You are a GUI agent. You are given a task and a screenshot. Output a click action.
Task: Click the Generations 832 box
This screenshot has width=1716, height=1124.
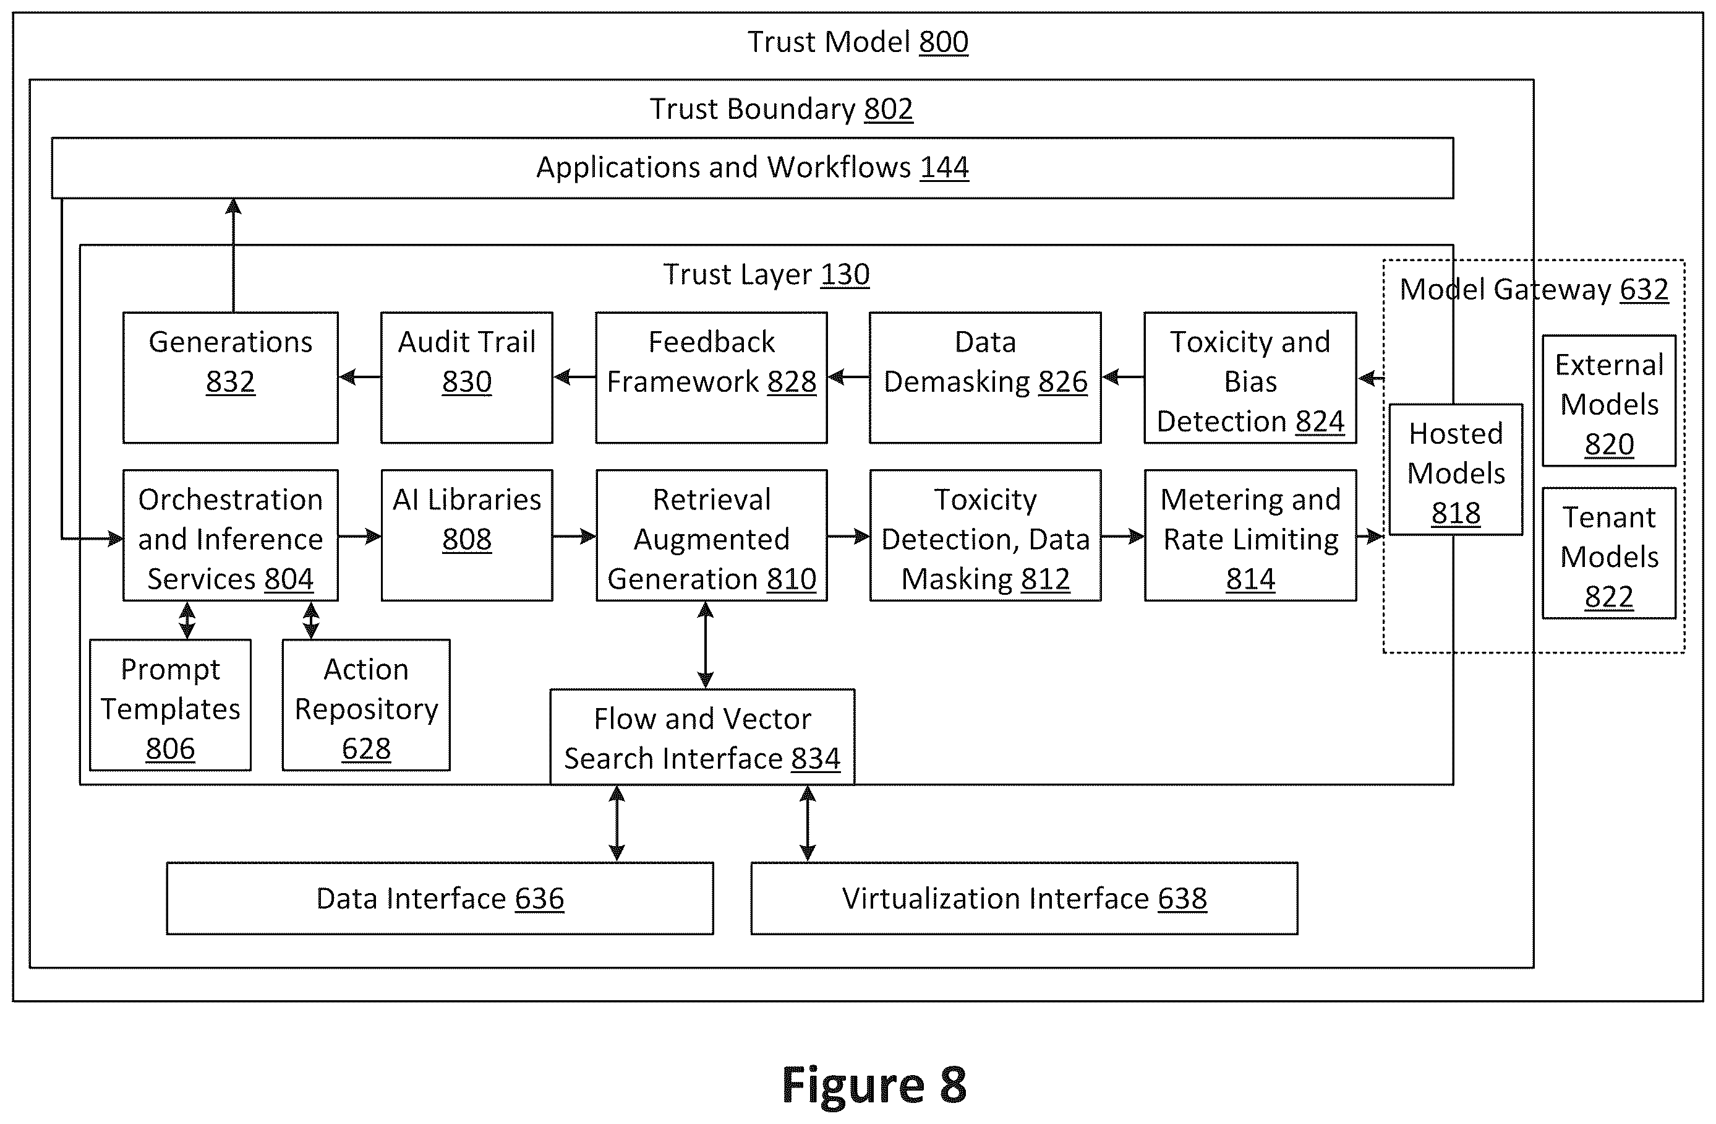(x=231, y=378)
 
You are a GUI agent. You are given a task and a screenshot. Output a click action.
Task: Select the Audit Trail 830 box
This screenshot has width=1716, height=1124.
(x=466, y=378)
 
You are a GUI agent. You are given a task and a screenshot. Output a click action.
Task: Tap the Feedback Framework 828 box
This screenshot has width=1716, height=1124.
(x=711, y=378)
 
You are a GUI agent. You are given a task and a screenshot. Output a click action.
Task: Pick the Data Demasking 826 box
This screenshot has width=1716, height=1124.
(x=985, y=378)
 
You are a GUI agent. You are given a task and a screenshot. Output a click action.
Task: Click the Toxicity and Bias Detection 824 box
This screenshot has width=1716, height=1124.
(x=1250, y=378)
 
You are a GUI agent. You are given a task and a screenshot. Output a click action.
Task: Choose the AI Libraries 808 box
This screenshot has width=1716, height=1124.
(x=466, y=535)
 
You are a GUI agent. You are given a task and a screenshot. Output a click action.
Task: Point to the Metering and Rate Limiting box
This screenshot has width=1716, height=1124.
(x=1250, y=535)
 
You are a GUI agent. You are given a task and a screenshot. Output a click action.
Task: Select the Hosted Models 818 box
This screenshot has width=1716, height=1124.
(x=1456, y=470)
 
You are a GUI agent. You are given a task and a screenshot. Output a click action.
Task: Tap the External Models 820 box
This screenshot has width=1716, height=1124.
(x=1608, y=400)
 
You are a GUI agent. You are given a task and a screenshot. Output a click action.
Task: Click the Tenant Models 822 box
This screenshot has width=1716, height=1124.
(x=1608, y=553)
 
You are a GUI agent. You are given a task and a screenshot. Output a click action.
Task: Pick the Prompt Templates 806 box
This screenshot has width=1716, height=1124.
(x=170, y=705)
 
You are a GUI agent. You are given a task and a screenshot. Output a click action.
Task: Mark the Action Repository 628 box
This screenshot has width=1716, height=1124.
(x=366, y=705)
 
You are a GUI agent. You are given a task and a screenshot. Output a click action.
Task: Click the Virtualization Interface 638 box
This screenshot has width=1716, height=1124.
(x=1024, y=898)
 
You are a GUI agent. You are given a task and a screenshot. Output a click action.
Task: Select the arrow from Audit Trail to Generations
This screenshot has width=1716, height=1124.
(x=360, y=376)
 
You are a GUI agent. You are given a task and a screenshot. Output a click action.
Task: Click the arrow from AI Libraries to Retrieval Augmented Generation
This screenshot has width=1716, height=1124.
(x=574, y=536)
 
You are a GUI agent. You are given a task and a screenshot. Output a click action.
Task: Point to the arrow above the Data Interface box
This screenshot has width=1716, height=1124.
(x=617, y=823)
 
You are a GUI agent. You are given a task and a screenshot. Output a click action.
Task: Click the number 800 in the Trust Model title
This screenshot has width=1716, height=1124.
(x=943, y=42)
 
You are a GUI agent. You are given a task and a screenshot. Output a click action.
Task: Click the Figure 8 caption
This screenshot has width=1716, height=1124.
(x=874, y=1084)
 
